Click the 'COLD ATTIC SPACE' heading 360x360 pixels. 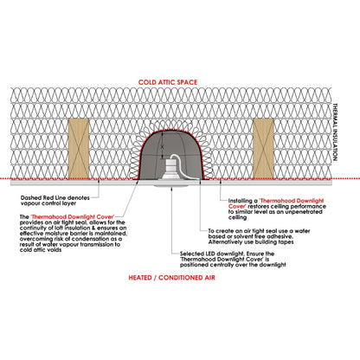click(168, 82)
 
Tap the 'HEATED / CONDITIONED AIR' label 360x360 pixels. click(171, 278)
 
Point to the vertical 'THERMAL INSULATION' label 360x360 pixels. click(335, 132)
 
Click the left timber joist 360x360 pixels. click(79, 149)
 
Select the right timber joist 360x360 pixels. click(263, 149)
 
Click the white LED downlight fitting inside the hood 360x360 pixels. click(170, 170)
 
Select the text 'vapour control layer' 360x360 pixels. click(48, 203)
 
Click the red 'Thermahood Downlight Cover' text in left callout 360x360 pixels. click(73, 217)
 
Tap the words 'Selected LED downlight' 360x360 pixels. click(212, 254)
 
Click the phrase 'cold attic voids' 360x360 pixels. click(41, 250)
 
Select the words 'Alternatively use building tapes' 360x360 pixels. click(251, 242)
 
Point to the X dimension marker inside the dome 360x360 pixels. click(163, 147)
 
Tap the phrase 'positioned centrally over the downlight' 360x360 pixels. click(233, 265)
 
